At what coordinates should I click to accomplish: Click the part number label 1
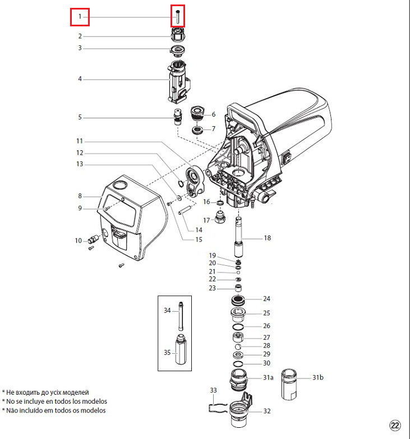tap(80, 17)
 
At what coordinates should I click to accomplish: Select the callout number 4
tap(80, 79)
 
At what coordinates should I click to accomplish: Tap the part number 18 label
tap(267, 238)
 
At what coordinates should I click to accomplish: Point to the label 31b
tap(317, 378)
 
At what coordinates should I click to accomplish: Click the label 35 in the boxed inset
tap(167, 353)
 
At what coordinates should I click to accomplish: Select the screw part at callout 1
tap(178, 16)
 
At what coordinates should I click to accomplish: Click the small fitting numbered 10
tap(92, 241)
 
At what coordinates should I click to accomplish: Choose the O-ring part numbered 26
tap(238, 326)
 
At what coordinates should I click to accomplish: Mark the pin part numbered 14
tap(186, 211)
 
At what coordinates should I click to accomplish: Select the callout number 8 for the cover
tap(80, 196)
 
